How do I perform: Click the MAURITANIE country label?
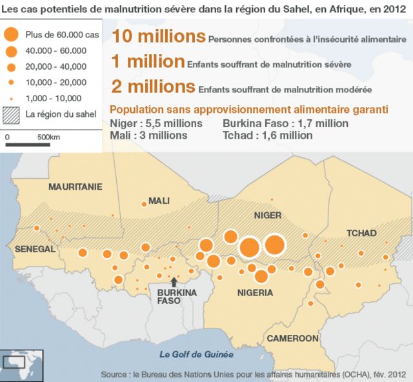76,186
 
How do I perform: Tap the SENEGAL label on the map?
34,249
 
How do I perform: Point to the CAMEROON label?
292,338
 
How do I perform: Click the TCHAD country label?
361,233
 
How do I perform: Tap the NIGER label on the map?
268,215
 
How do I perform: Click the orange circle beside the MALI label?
144,204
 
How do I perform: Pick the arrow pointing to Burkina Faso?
173,282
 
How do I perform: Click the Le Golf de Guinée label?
197,354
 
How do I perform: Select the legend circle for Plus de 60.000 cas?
11,34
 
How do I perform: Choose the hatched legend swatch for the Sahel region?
11,115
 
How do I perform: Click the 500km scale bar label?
49,137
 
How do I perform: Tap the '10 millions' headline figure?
158,37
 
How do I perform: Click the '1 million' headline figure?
148,62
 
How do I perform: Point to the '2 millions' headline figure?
153,86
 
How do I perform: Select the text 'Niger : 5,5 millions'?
157,123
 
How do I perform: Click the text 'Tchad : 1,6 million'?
267,136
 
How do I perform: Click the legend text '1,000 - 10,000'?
54,98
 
